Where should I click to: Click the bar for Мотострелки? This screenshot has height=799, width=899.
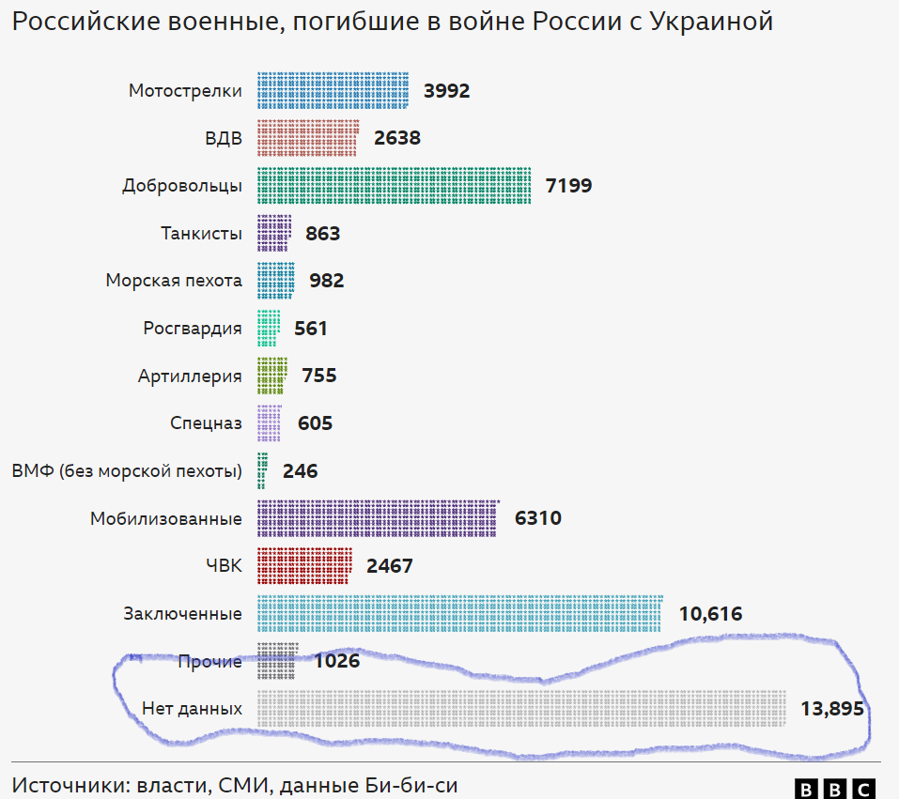point(333,91)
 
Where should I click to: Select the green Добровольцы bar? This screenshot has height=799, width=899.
point(395,186)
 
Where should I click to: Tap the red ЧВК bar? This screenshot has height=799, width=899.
point(304,566)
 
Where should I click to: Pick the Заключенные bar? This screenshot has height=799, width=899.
point(460,614)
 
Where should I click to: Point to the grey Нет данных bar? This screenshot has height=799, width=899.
point(521,709)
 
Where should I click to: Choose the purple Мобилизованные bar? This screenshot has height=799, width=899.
point(378,518)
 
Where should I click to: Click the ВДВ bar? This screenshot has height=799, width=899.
point(307,138)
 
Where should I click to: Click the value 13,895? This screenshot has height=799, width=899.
point(831,709)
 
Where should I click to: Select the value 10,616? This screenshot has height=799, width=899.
point(710,614)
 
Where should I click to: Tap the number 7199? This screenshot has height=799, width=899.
point(568,186)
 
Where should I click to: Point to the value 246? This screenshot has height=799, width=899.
point(301,471)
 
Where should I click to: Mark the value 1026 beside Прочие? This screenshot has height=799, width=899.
point(337,661)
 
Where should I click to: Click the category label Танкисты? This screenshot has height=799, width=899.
point(201,234)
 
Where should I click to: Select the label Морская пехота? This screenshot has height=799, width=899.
point(174,281)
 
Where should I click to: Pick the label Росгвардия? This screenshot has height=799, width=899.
point(193,329)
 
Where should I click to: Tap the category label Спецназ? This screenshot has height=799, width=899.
point(206,423)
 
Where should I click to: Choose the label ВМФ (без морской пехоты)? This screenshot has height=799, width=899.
point(127,471)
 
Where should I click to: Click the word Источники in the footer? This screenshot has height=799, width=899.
point(69,787)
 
